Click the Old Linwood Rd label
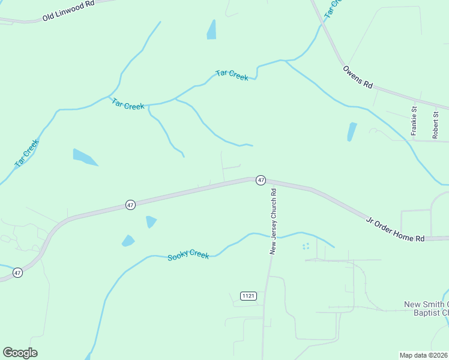click(69, 11)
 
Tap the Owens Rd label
click(358, 77)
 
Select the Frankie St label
click(414, 121)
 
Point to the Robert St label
click(436, 122)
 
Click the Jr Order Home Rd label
click(396, 230)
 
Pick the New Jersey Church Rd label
click(273, 221)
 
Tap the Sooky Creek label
click(188, 255)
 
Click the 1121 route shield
click(249, 296)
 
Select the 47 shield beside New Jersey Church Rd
click(261, 180)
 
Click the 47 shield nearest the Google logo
click(17, 273)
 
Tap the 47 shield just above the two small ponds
click(130, 205)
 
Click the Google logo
click(20, 353)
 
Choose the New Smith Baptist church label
click(426, 308)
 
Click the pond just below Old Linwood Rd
click(211, 29)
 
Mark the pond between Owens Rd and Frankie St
click(352, 131)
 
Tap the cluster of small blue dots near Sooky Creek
click(306, 246)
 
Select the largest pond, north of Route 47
click(84, 157)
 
